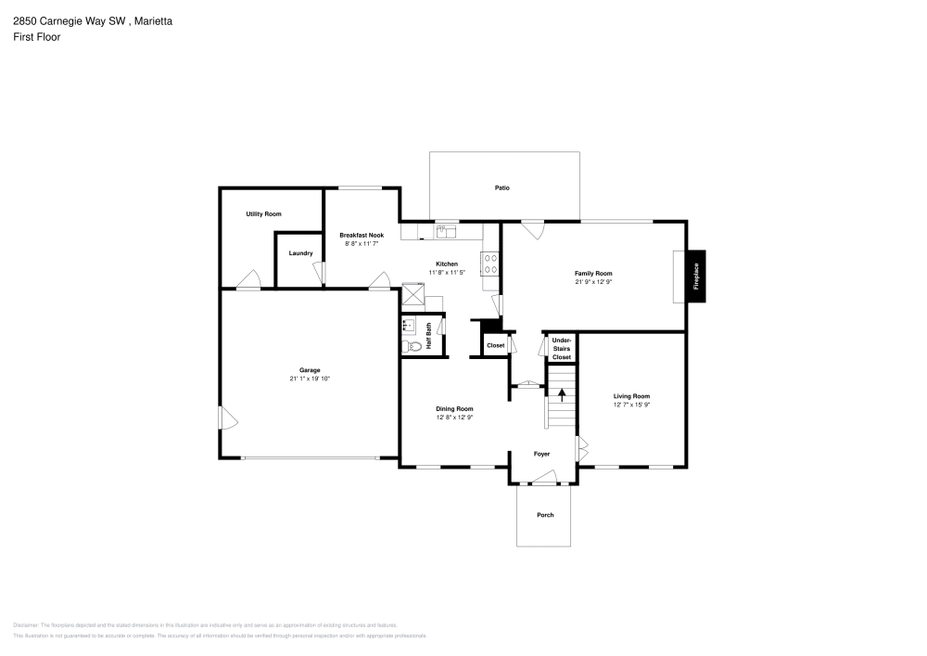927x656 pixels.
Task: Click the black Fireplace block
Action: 697,276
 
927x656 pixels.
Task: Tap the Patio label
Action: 502,188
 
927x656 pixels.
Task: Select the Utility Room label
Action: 263,214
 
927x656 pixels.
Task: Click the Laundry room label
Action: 300,253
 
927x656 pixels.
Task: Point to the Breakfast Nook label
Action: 362,236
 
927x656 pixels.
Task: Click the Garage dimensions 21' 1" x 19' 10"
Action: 310,379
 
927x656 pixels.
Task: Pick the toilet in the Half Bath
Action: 413,346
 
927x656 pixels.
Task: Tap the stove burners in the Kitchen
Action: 490,264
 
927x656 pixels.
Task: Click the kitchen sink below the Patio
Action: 447,231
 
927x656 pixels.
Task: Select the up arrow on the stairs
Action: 561,394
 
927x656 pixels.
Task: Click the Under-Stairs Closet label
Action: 562,349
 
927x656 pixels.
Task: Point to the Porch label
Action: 545,515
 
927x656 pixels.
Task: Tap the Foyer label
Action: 542,455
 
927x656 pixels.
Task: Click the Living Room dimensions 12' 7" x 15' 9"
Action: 631,405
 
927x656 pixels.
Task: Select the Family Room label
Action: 593,273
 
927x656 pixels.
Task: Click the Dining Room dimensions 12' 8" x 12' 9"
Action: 455,418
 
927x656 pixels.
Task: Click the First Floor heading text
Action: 37,37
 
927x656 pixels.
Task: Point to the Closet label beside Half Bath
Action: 495,345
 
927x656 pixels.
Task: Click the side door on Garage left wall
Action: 227,419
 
